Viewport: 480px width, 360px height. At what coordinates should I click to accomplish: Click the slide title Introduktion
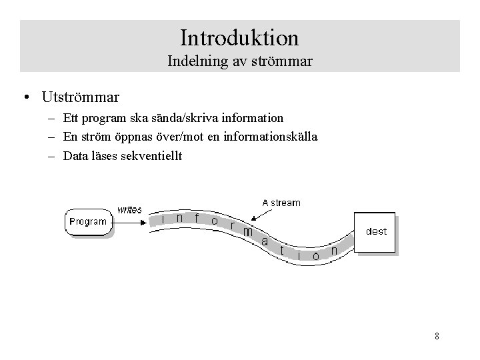coord(239,36)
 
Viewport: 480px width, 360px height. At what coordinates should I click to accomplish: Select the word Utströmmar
coord(80,97)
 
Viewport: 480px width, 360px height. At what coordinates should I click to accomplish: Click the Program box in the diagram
coord(87,221)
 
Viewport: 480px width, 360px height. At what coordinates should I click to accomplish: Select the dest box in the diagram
coord(375,232)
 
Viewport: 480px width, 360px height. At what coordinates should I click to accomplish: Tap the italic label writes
coord(129,209)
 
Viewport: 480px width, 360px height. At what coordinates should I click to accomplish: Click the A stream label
coord(281,203)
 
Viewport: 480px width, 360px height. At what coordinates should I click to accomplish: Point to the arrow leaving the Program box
coord(133,221)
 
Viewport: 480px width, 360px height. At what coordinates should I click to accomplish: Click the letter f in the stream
coord(197,217)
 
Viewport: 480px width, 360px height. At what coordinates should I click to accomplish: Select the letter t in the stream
coord(283,250)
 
